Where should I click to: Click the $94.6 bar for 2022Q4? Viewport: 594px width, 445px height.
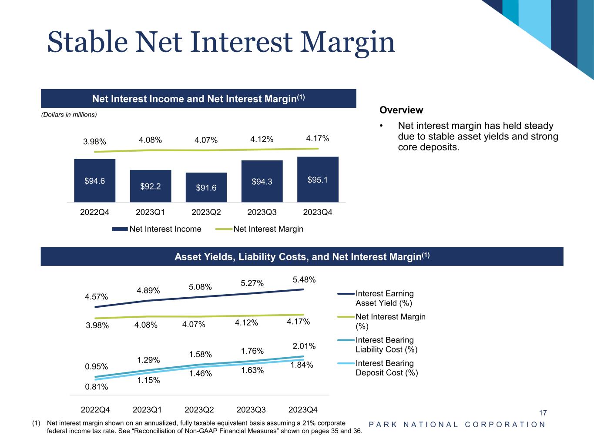tap(94, 180)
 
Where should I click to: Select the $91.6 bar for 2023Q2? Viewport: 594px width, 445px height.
tap(206, 187)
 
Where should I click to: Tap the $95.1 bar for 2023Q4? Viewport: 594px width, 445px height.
tap(318, 179)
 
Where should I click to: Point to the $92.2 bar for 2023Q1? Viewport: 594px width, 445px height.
tap(150, 186)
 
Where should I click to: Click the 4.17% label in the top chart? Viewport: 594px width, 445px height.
tap(318, 139)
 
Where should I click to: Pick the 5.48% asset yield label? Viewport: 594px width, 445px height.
tap(304, 279)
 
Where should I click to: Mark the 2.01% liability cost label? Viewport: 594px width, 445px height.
tap(304, 346)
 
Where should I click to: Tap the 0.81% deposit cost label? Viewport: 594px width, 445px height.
tap(97, 386)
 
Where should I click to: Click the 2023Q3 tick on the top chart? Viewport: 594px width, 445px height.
tap(262, 213)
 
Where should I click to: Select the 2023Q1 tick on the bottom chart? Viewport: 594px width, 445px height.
tap(147, 409)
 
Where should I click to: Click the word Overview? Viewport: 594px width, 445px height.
tap(401, 110)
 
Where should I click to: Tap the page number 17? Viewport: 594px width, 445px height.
tap(543, 413)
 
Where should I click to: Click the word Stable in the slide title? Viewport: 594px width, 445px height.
tap(87, 43)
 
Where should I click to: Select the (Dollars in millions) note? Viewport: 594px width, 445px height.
tap(69, 115)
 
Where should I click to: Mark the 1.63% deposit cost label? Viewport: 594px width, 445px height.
tap(252, 370)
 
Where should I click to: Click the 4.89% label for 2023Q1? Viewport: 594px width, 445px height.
tap(148, 290)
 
